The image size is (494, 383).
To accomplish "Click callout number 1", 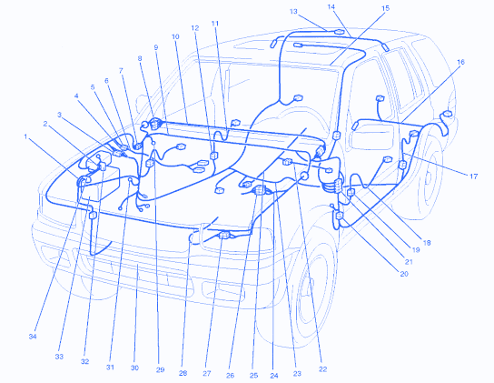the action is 25,136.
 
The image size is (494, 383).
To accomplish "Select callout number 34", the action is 33,337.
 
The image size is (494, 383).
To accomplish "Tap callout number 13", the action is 293,11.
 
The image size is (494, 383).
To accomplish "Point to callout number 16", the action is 460,62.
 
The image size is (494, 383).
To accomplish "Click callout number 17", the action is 473,176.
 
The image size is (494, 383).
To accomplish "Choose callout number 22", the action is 323,369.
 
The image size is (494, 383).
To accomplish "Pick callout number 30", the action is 134,368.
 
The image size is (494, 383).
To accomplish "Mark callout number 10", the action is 175,36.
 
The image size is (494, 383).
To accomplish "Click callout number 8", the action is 140,58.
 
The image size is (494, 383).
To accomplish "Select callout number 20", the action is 404,274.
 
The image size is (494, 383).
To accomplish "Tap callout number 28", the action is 183,373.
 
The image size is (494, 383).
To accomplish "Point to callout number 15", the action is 386,8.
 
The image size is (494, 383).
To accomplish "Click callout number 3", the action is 59,115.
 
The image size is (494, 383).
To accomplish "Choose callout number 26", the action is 231,376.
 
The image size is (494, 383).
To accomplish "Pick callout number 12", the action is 195,28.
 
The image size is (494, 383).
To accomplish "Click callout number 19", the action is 416,250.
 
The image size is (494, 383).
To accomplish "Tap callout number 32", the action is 84,361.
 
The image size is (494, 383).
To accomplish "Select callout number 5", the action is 93,87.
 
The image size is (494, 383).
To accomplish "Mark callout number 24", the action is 274,376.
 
